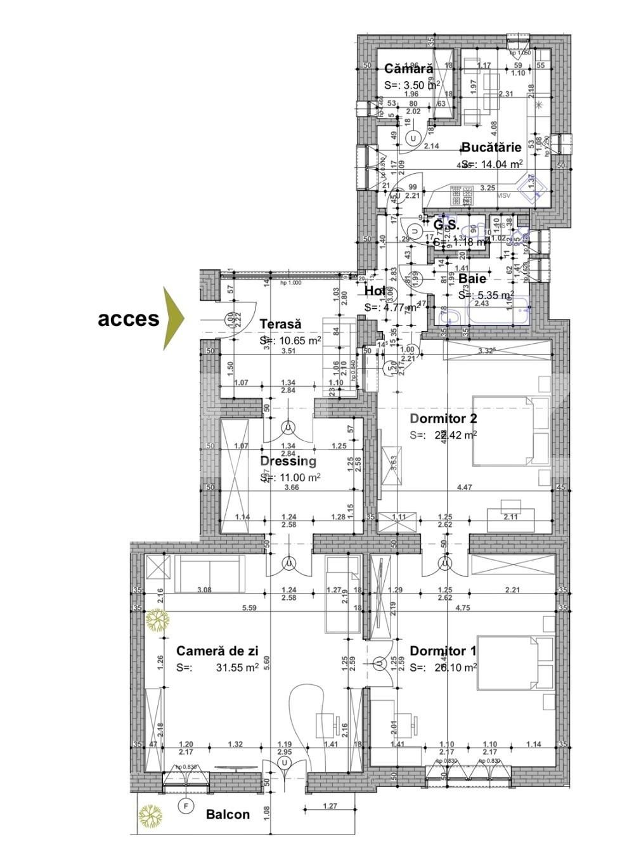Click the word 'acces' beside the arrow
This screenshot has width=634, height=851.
[x=128, y=319]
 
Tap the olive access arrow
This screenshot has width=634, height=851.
[x=173, y=318]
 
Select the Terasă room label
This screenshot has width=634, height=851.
[x=280, y=324]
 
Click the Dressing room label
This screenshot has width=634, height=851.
[x=288, y=461]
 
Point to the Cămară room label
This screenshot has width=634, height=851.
[x=409, y=68]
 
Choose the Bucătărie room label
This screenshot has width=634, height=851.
[x=491, y=147]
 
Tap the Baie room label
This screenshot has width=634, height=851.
[x=472, y=278]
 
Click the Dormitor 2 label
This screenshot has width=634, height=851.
[x=443, y=419]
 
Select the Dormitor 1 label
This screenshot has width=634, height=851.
[x=443, y=651]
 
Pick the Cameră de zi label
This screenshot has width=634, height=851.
[x=217, y=651]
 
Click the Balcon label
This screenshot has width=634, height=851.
[x=228, y=815]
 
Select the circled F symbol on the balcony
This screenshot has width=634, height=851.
[x=186, y=807]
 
